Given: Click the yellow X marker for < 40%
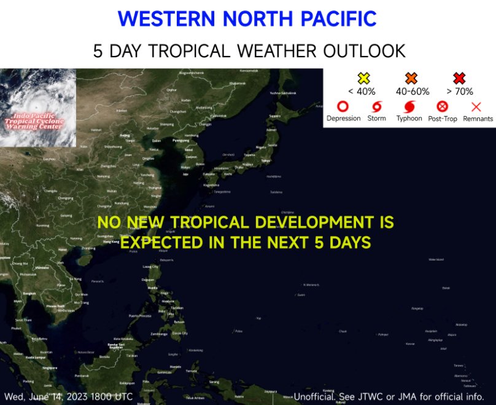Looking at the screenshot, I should [364, 79].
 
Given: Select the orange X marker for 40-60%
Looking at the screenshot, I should [411, 79].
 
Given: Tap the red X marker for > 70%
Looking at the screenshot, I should [459, 79].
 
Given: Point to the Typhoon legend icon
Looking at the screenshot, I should [409, 106].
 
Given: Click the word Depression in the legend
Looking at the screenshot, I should [344, 119].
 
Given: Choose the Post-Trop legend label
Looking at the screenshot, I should [443, 119].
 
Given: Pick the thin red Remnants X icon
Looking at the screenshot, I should [476, 106].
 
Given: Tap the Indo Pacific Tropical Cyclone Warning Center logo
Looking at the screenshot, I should [38, 108].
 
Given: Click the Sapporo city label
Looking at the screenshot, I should [274, 116].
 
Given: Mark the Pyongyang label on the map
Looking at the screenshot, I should [180, 140].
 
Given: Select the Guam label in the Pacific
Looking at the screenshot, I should [300, 295].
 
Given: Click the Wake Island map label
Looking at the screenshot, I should [436, 260].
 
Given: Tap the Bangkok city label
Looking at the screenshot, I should [29, 293].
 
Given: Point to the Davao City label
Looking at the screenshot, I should [180, 333].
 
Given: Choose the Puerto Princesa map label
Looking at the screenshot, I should [139, 316].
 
